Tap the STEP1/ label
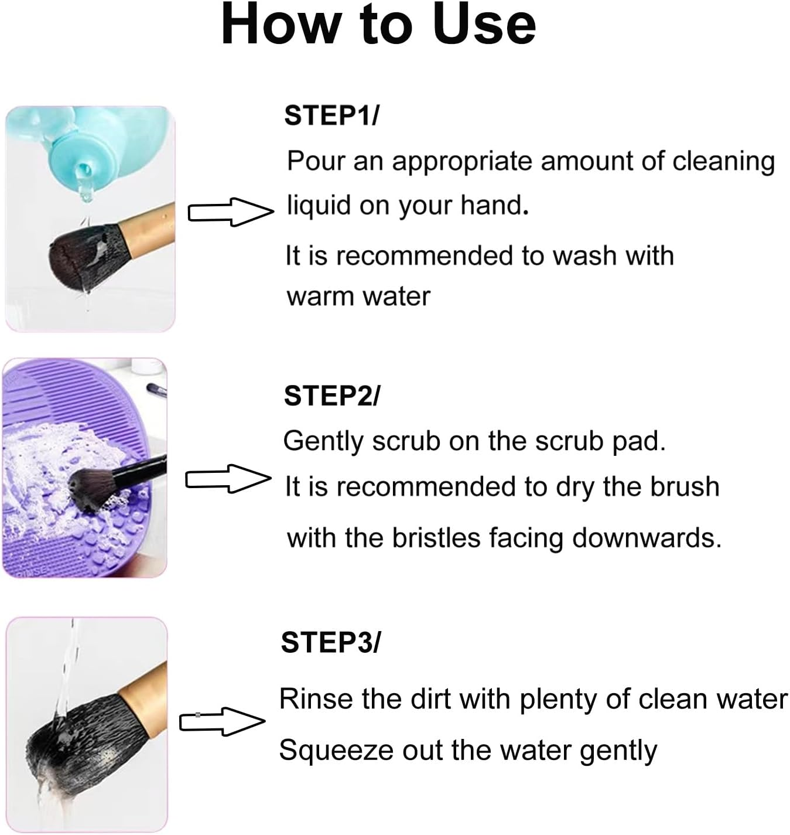331,115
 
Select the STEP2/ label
331,396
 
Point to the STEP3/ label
330,642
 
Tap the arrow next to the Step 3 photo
222,721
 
